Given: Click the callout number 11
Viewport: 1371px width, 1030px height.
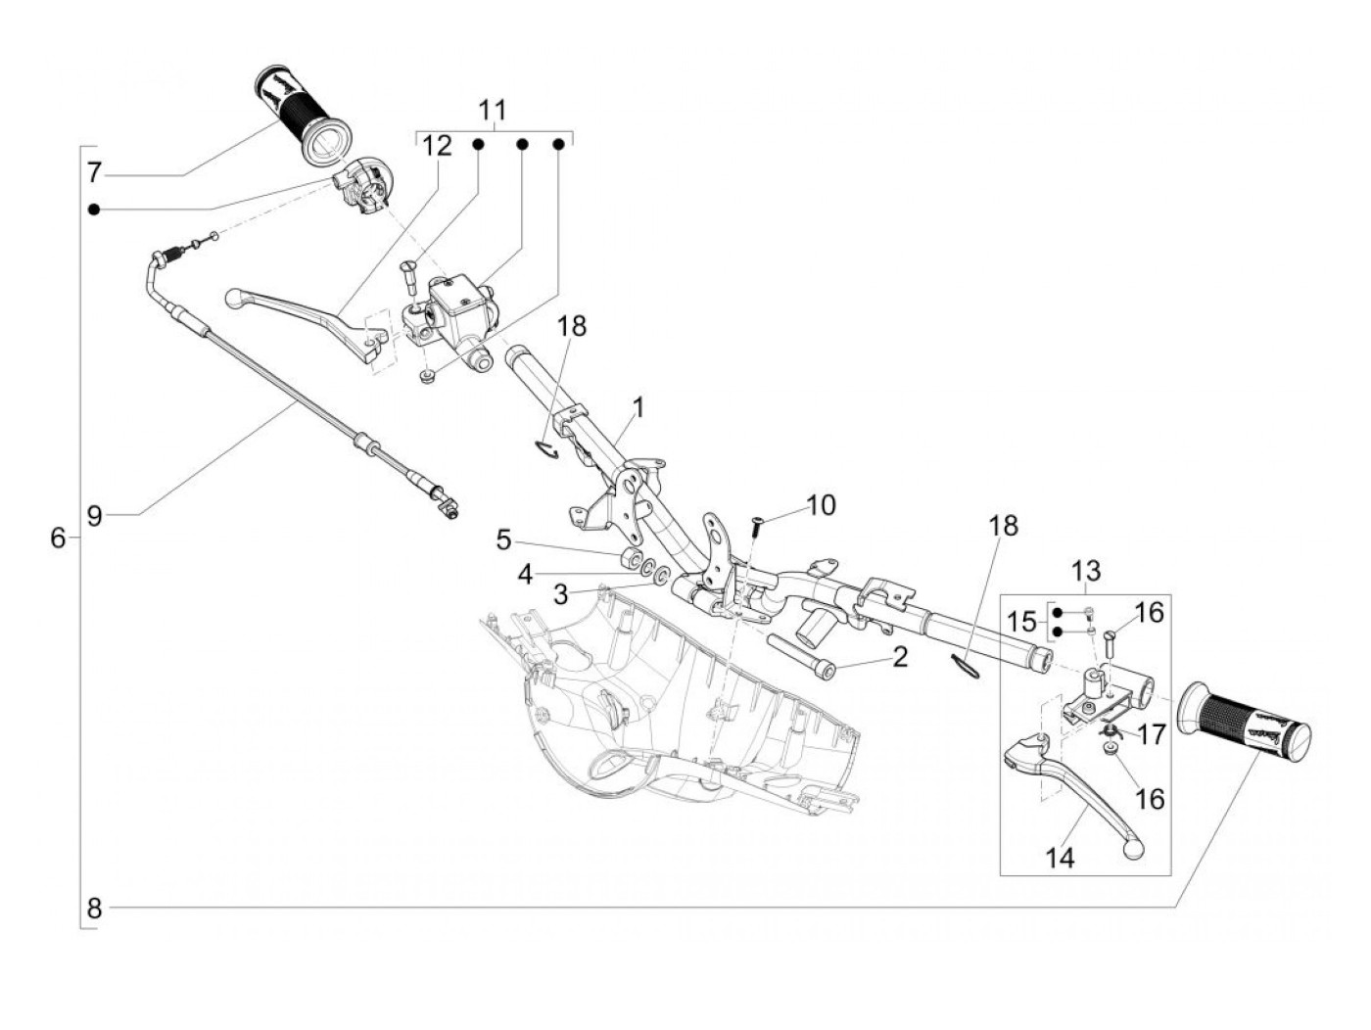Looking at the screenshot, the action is (493, 111).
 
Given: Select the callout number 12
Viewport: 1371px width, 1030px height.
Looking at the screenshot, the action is (437, 147).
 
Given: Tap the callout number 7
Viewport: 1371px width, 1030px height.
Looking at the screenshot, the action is (94, 172).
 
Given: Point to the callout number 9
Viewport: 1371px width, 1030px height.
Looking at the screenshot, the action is (94, 516).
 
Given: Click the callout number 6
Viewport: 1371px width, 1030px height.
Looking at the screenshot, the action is (58, 537).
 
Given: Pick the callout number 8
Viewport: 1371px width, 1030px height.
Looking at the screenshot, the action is (94, 909).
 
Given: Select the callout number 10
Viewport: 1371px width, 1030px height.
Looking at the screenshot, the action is (821, 505).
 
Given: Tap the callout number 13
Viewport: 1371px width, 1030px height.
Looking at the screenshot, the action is (1087, 571).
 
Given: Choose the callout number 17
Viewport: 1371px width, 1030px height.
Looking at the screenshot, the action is (1151, 734).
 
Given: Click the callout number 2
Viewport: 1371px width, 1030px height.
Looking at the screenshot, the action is (899, 657).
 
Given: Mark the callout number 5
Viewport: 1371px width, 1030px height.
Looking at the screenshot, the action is (504, 540).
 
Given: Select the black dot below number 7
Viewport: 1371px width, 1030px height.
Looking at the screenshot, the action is (94, 210).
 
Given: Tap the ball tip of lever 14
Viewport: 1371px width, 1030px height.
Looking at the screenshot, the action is (1133, 848).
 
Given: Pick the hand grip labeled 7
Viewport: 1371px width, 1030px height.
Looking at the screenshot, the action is (305, 117).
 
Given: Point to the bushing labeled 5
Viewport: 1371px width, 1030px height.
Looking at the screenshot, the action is (631, 557).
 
